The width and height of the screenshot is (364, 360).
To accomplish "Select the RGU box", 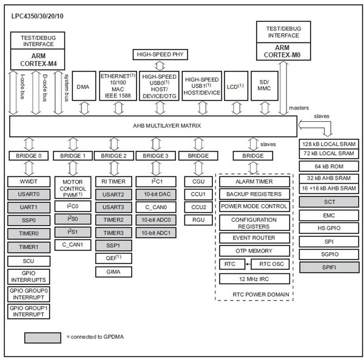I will pos(198,220).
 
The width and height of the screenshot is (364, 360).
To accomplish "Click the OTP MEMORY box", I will pos(254,251).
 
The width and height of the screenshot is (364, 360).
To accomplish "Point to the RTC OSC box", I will pos(272,264).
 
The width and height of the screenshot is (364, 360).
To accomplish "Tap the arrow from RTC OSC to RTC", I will pos(249,264).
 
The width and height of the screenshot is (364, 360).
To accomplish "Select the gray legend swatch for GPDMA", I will pos(43,336).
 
